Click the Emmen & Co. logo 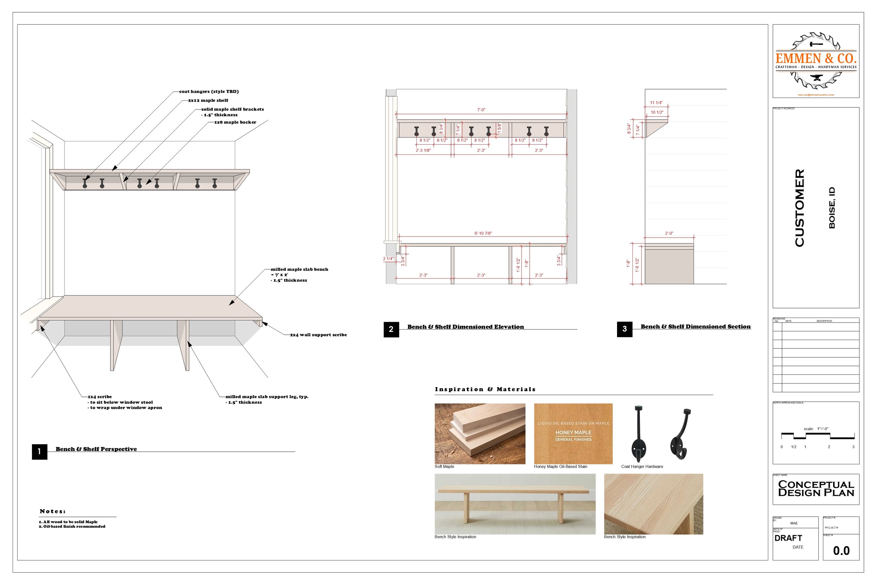pyautogui.click(x=816, y=61)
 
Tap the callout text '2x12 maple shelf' pyautogui.click(x=208, y=100)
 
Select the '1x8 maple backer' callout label pyautogui.click(x=235, y=122)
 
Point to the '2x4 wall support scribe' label pyautogui.click(x=318, y=335)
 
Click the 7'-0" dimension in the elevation pyautogui.click(x=481, y=110)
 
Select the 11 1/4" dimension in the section pyautogui.click(x=656, y=102)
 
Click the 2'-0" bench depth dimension pyautogui.click(x=669, y=233)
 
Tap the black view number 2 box pyautogui.click(x=391, y=329)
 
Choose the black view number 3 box pyautogui.click(x=624, y=329)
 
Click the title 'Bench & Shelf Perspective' pyautogui.click(x=96, y=449)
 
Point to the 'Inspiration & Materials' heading pyautogui.click(x=485, y=389)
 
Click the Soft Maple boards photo pyautogui.click(x=480, y=433)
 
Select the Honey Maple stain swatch pyautogui.click(x=573, y=433)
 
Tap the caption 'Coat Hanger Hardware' pyautogui.click(x=642, y=466)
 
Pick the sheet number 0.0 pyautogui.click(x=841, y=551)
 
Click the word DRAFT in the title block pyautogui.click(x=788, y=538)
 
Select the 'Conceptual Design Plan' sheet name pyautogui.click(x=816, y=488)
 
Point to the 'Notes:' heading pyautogui.click(x=53, y=511)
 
